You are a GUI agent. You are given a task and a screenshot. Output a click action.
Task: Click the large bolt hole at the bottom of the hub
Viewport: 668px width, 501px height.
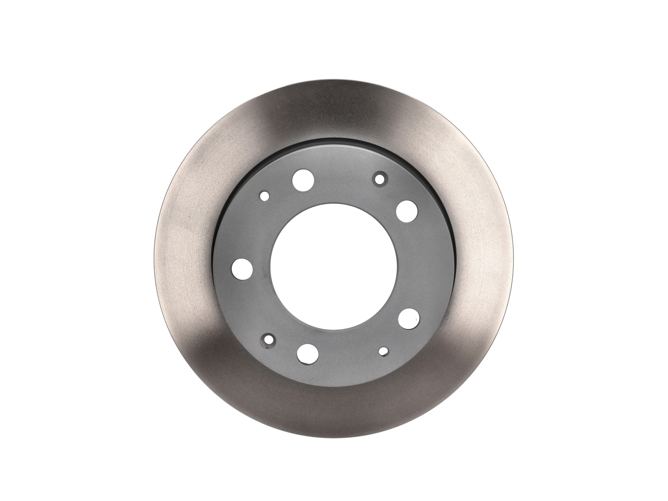pyautogui.click(x=307, y=354)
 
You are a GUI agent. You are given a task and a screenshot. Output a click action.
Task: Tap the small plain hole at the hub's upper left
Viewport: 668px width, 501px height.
pyautogui.click(x=265, y=195)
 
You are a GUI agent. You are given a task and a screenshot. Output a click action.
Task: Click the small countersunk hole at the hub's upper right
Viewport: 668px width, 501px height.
pyautogui.click(x=380, y=180)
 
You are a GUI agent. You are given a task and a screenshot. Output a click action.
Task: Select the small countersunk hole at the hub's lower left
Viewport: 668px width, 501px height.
pyautogui.click(x=267, y=341)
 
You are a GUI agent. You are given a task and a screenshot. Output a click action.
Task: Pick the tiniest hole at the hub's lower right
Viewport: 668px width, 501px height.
pyautogui.click(x=382, y=351)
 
